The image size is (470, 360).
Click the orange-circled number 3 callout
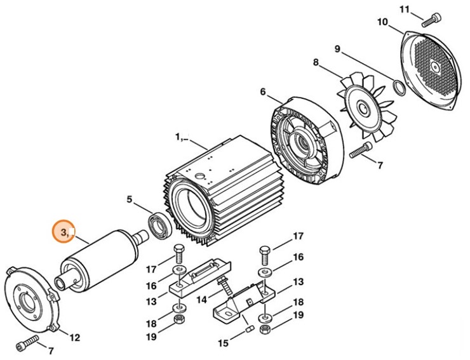(x=64, y=233)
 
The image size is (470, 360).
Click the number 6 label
(x=262, y=91)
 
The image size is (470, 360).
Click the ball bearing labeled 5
(x=157, y=225)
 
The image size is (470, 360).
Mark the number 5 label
(x=130, y=199)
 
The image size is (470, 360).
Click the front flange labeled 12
(x=31, y=299)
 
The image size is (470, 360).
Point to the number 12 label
(x=74, y=337)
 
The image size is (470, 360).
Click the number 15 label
(x=224, y=343)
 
